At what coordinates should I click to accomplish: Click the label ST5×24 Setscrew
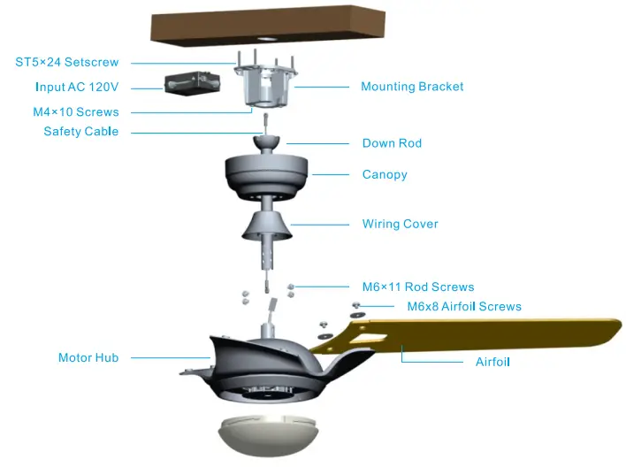click(x=66, y=63)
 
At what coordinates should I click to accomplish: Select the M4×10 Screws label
click(x=75, y=112)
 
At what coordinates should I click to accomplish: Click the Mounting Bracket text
click(x=412, y=87)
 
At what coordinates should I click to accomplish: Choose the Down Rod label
click(x=392, y=143)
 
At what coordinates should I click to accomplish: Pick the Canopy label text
click(x=385, y=174)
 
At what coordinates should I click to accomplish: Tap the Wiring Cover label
click(x=400, y=224)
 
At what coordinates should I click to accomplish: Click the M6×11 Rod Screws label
click(x=418, y=287)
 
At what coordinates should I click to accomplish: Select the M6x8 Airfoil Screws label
click(x=464, y=307)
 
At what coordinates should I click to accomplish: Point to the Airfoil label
click(x=492, y=362)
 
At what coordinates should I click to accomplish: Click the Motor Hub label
click(x=88, y=358)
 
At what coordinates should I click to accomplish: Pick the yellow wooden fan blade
click(x=495, y=333)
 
